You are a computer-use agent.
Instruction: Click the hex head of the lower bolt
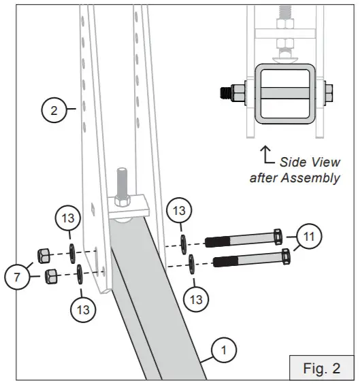(285, 257)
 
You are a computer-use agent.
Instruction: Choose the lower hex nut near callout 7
(50, 275)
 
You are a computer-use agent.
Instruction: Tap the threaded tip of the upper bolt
(212, 241)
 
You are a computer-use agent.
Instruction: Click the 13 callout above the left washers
(67, 219)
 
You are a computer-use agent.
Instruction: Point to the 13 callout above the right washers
(179, 211)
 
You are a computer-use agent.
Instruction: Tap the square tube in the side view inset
(287, 90)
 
